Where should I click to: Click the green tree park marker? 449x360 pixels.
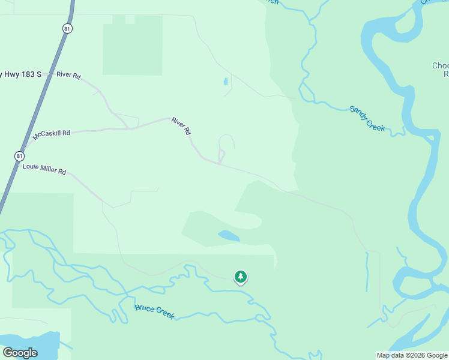(240, 277)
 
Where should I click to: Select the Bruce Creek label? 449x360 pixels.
(154, 311)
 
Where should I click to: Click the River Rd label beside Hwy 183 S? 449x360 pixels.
(68, 75)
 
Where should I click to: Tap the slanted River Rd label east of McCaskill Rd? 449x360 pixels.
(181, 125)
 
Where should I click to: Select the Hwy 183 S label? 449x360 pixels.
(22, 74)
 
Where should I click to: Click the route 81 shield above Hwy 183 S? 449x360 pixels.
(68, 28)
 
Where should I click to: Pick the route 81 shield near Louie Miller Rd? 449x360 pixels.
(20, 156)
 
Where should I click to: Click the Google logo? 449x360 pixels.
(19, 353)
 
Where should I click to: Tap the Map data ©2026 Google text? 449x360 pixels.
(412, 355)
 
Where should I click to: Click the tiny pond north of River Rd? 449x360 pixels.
(226, 82)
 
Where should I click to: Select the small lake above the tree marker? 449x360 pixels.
(229, 236)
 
